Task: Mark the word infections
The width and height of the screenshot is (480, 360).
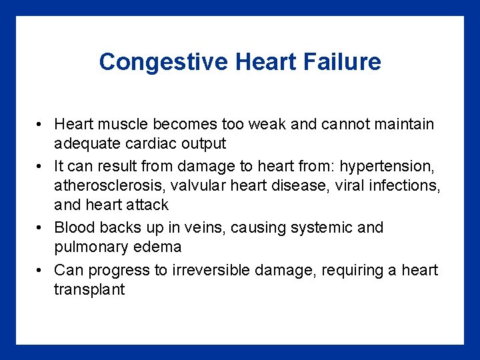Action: click(x=403, y=185)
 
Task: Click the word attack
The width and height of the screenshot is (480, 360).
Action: click(x=146, y=205)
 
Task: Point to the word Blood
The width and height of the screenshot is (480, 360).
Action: click(x=74, y=227)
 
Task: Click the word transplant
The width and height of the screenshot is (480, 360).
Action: click(x=89, y=290)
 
